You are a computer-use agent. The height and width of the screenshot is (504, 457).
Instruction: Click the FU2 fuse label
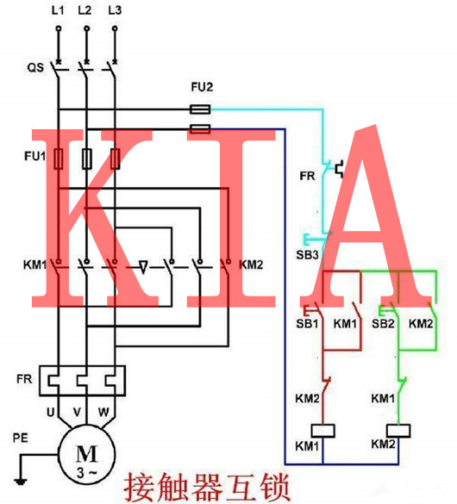click(200, 89)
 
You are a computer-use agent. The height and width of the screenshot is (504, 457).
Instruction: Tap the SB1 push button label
click(308, 324)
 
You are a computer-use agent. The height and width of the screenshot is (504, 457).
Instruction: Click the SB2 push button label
click(381, 324)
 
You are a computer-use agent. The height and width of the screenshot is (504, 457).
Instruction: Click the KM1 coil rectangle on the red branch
click(325, 429)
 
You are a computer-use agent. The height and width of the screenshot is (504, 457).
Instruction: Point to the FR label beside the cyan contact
click(306, 175)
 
